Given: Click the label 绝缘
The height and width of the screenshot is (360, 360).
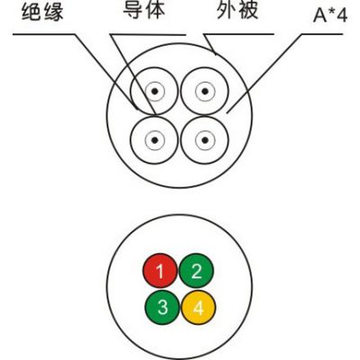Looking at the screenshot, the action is (42, 13).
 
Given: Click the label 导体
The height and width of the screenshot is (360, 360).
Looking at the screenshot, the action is (144, 10).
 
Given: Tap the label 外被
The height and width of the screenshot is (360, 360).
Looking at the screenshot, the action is (238, 10).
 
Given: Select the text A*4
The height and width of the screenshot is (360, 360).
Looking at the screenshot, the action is (330, 15).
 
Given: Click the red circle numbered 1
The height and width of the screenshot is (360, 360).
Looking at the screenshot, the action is (160, 271).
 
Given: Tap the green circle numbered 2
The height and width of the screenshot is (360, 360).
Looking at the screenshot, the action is (196, 271).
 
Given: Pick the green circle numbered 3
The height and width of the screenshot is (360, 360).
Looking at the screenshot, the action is (162, 307).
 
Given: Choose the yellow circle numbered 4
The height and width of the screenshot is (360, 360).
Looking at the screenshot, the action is (198, 307).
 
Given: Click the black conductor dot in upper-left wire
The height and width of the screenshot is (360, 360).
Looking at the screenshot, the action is (155, 91).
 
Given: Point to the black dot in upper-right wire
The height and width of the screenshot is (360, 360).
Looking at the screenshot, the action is (205, 91).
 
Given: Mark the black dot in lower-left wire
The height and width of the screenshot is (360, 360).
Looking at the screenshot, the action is (155, 139).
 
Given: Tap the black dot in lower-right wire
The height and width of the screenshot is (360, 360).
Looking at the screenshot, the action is (205, 139).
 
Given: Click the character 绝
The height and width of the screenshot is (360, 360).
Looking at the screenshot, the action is (31, 13).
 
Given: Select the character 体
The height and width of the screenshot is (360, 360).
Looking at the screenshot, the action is (155, 10).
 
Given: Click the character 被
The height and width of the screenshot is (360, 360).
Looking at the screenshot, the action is (248, 10).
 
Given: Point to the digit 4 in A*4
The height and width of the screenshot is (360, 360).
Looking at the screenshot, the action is (342, 15).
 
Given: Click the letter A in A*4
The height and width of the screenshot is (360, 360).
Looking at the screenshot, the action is (319, 15).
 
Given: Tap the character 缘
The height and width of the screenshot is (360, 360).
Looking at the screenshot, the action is (53, 13).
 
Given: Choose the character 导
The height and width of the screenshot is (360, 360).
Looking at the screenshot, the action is (133, 10).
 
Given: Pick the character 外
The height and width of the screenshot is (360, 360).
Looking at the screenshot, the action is (226, 10).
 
